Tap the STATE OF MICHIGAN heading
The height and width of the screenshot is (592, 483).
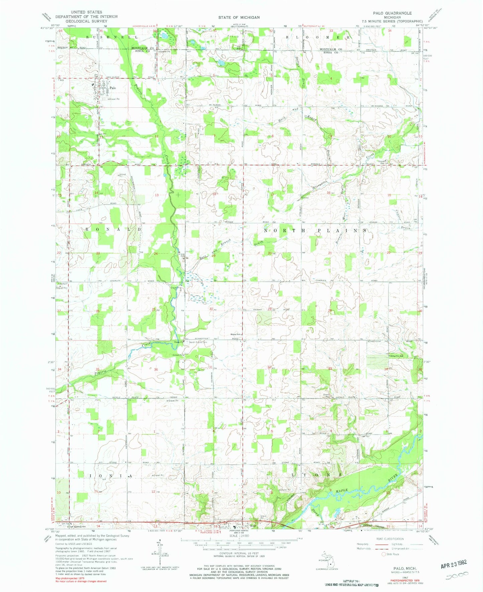pos(239,17)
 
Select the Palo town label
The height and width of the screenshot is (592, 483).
pos(113,88)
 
